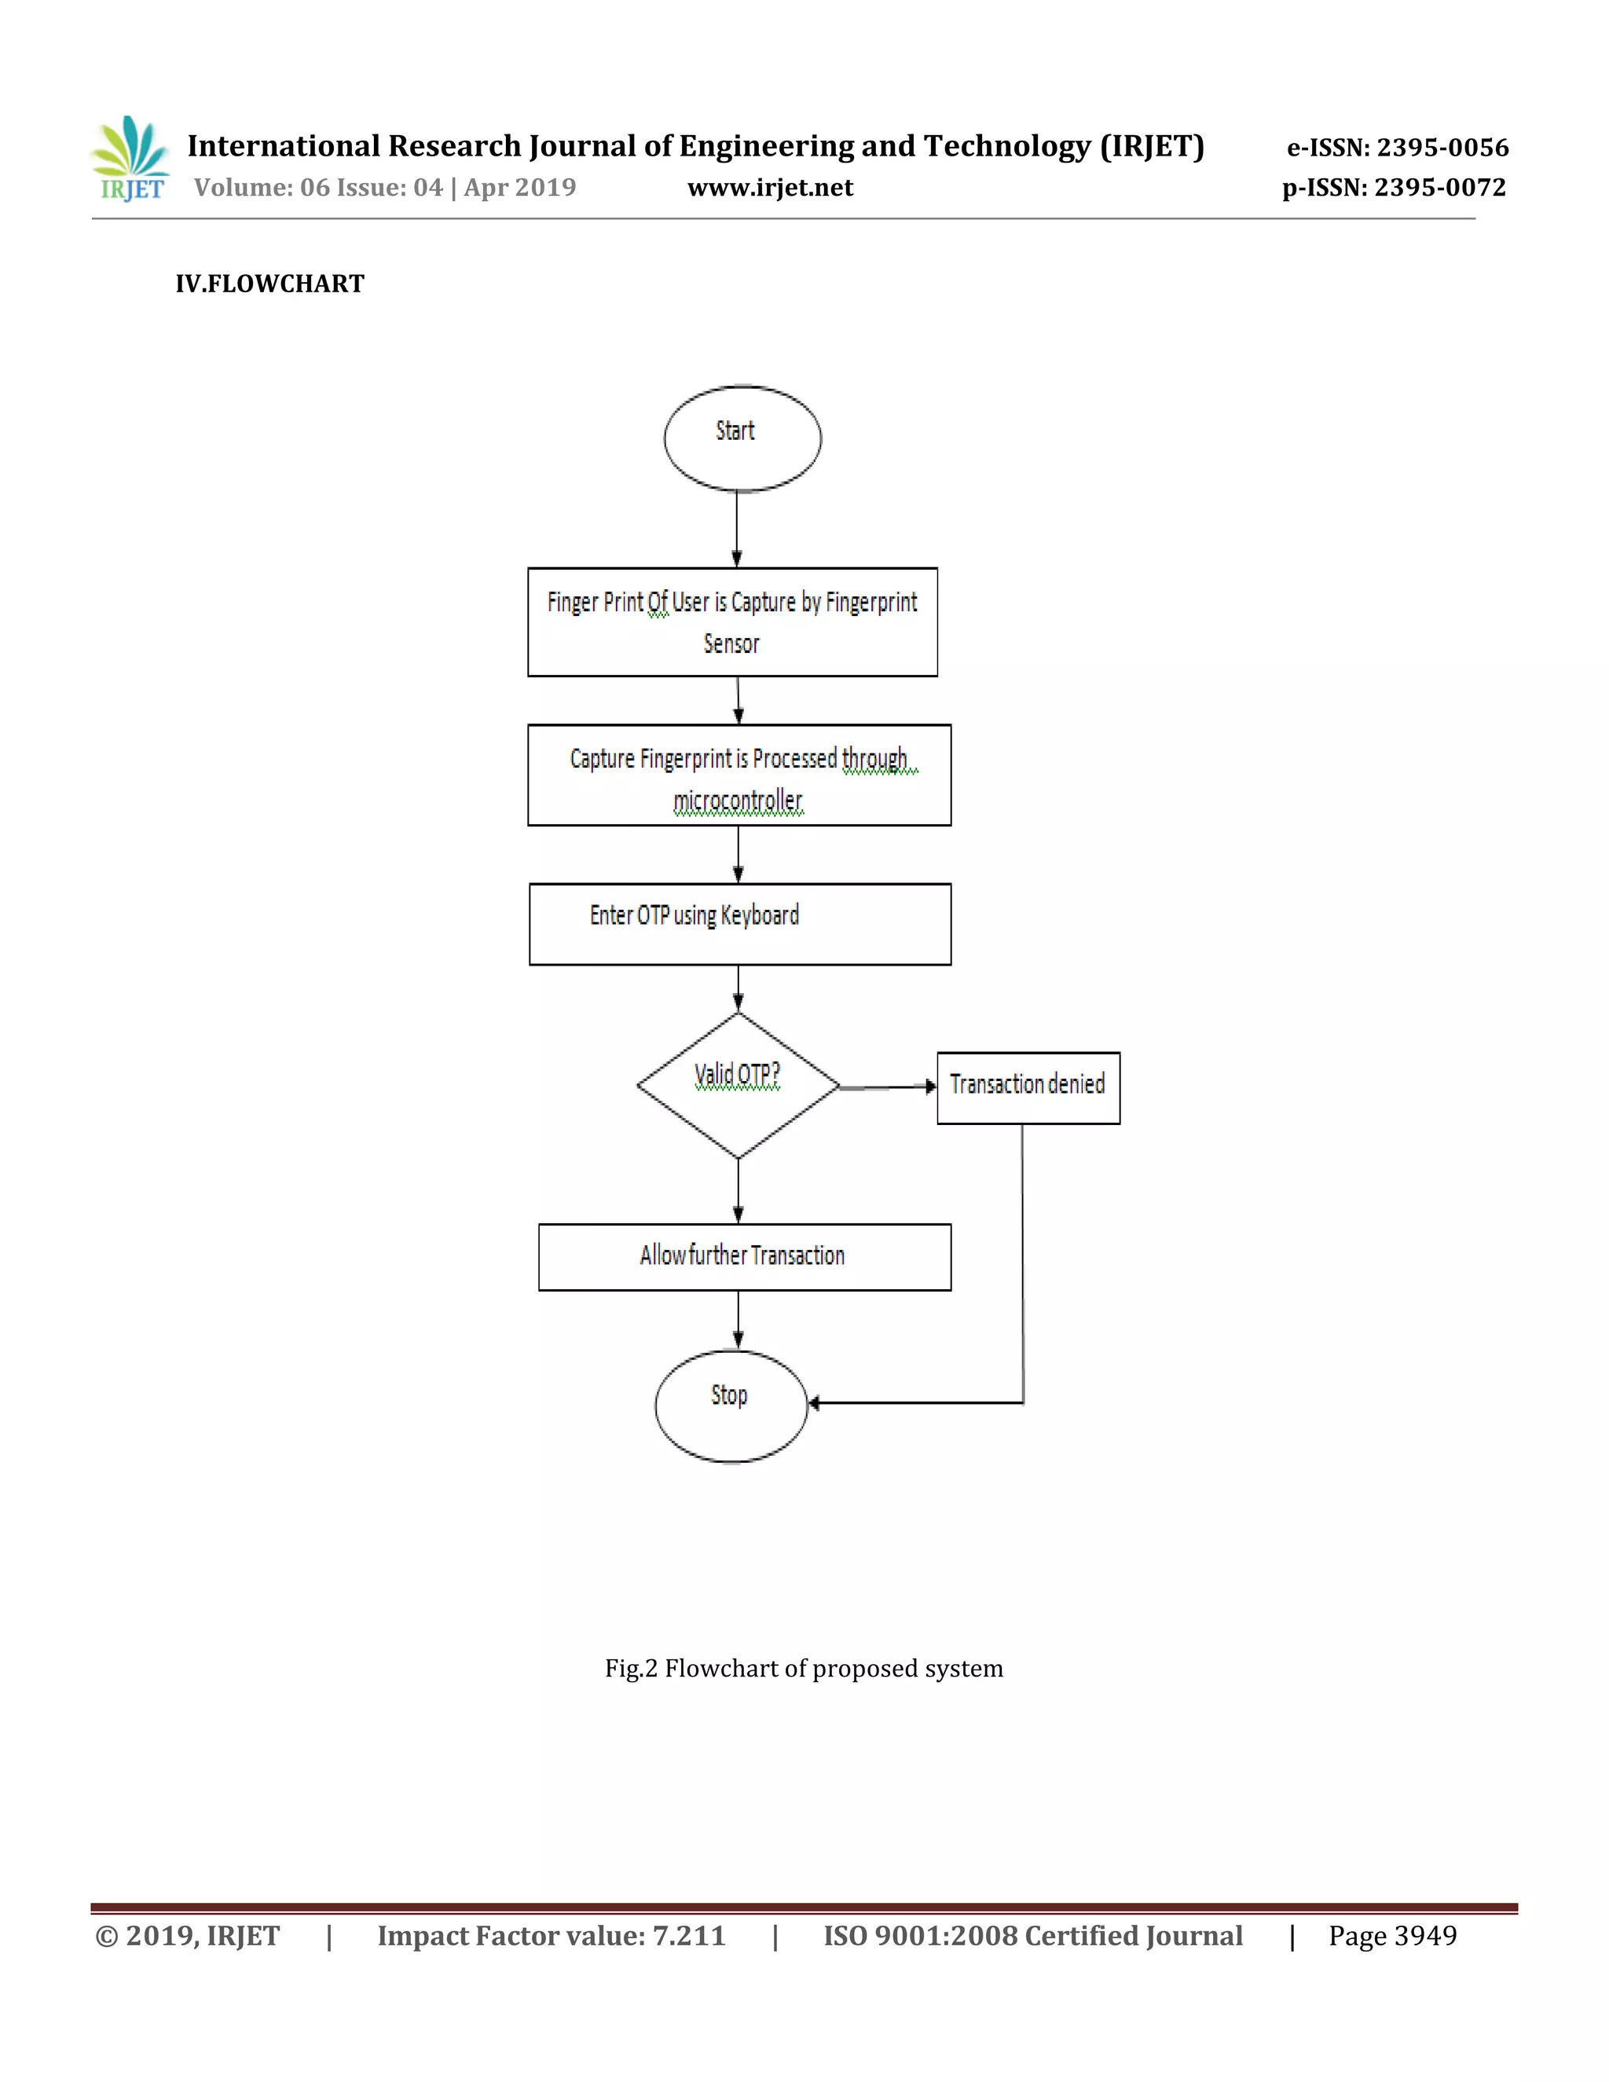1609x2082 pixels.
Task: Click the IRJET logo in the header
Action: pos(130,159)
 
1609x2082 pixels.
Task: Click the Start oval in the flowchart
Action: pos(742,438)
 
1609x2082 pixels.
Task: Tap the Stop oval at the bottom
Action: pos(731,1406)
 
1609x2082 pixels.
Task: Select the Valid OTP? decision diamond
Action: pos(738,1085)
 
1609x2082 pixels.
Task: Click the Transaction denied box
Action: pos(1028,1087)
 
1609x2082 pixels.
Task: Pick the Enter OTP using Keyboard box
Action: pos(739,924)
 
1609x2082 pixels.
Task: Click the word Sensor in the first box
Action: pos(731,644)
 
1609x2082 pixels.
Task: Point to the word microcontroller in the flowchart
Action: pos(738,801)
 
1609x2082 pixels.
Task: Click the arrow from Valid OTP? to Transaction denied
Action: pos(886,1087)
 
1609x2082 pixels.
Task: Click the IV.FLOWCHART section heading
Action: pos(269,284)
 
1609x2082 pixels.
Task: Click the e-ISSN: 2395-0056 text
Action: pos(1398,148)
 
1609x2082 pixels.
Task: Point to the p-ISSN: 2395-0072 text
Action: pos(1394,188)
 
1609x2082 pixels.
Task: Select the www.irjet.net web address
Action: pos(770,188)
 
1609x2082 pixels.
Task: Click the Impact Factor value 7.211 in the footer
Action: pos(551,1936)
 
